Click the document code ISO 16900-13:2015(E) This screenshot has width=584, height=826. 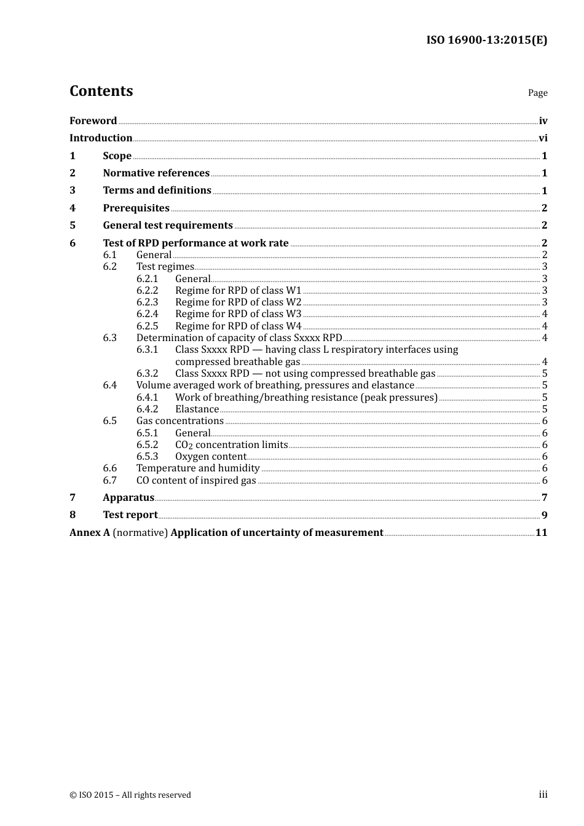click(486, 41)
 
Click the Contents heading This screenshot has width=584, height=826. click(101, 91)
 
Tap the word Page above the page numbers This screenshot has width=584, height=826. click(537, 93)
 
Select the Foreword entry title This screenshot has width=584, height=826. click(93, 121)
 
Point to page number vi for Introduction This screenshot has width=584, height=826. click(543, 138)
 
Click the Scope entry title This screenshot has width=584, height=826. click(117, 156)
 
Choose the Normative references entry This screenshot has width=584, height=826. click(156, 173)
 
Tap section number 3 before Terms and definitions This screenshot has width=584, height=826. click(73, 191)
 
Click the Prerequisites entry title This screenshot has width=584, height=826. click(136, 208)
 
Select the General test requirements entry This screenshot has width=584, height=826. click(168, 226)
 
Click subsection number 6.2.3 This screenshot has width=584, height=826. click(147, 302)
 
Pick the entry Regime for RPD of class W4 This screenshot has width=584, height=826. click(239, 326)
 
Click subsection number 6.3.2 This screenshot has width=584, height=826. click(147, 374)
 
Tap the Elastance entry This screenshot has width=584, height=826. click(197, 409)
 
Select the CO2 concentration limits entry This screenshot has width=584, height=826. click(231, 445)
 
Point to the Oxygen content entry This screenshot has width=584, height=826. click(211, 457)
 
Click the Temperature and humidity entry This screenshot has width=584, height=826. click(198, 468)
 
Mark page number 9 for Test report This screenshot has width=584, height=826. click(544, 516)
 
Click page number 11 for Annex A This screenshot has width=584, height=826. click(541, 533)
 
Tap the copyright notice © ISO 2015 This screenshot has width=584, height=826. click(130, 795)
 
